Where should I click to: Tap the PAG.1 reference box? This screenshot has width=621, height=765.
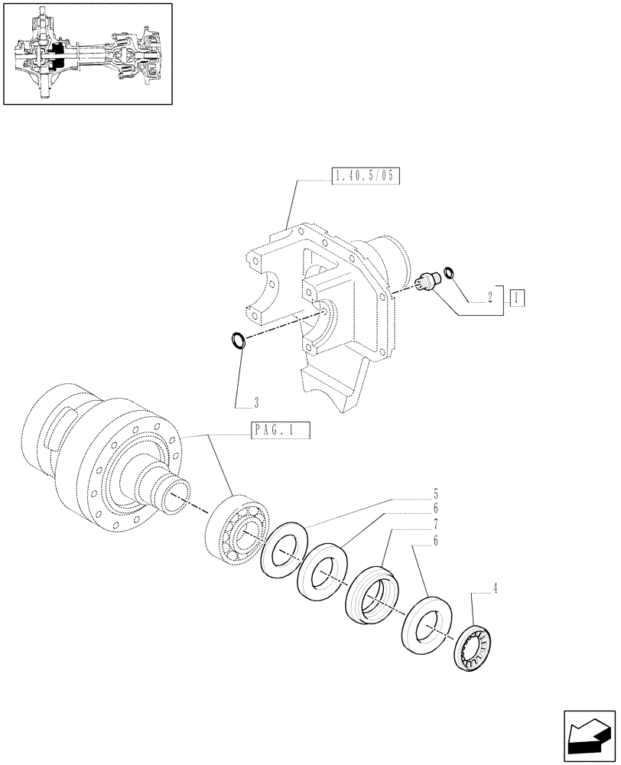[279, 431]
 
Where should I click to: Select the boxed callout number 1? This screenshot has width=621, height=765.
[517, 298]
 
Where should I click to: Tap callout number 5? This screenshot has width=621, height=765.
[435, 493]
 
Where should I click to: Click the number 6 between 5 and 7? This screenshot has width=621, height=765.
[435, 509]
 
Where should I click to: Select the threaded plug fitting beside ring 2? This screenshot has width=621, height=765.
[427, 280]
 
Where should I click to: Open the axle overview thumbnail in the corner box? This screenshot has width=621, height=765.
[87, 54]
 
